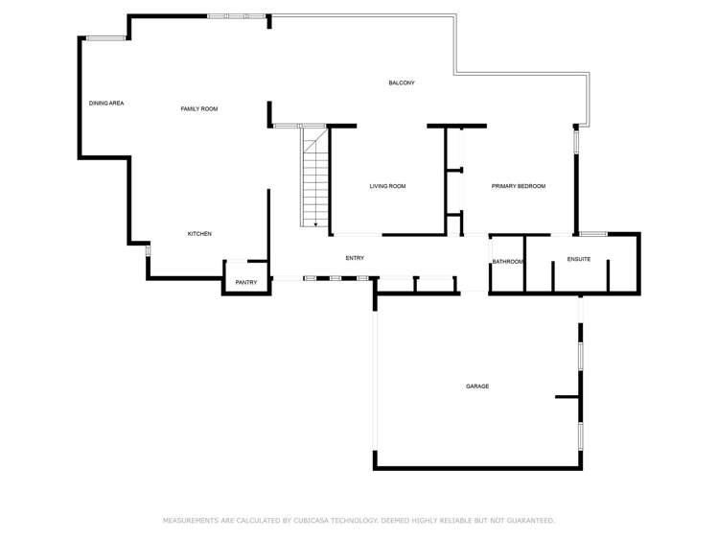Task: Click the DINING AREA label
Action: point(106,103)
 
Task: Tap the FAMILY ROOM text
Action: point(199,108)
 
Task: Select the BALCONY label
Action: point(402,82)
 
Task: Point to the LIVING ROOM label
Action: point(387,186)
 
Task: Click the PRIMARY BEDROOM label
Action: point(519,186)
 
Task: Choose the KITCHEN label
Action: point(199,234)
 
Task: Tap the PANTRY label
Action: point(246,282)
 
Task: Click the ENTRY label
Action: point(355,258)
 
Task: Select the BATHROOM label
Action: point(508,262)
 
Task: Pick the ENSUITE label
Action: point(579,259)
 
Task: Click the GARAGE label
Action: point(477,386)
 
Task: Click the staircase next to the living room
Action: point(315,177)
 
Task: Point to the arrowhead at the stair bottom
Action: point(315,224)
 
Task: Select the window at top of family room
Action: point(237,16)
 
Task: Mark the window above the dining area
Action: point(106,38)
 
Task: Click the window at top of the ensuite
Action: point(593,233)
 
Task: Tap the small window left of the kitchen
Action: point(148,250)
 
